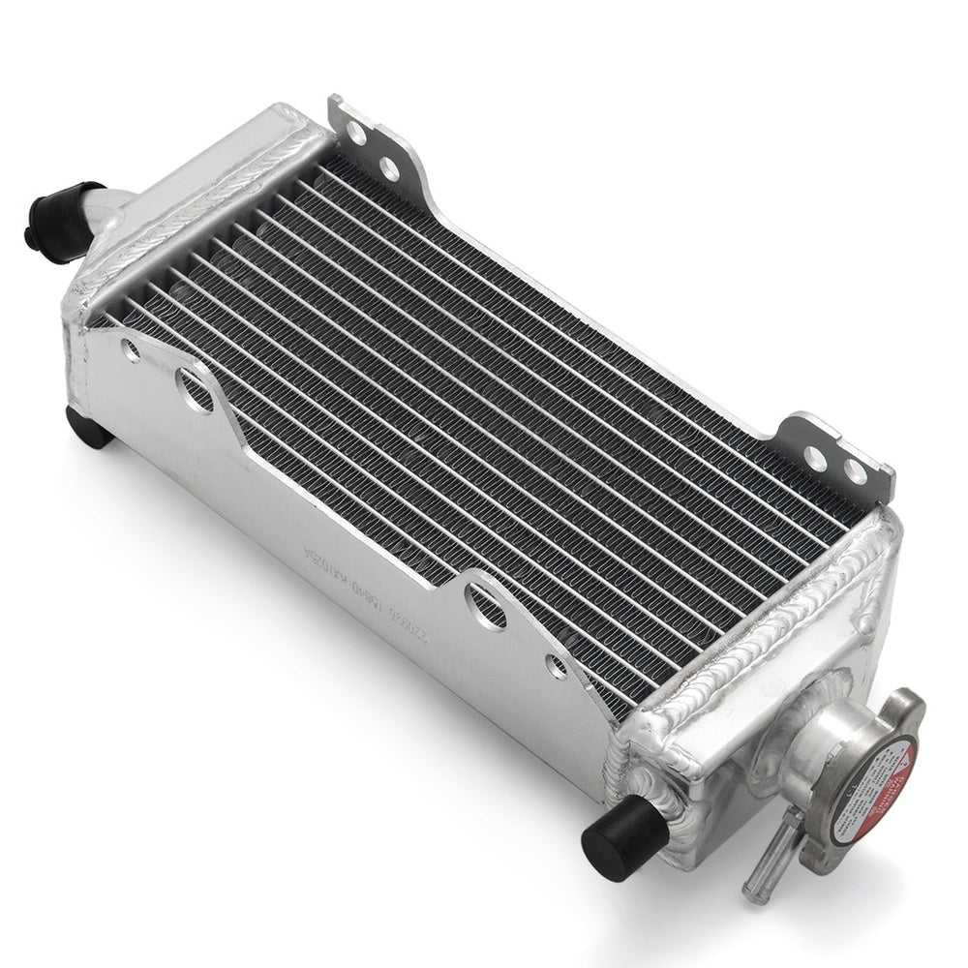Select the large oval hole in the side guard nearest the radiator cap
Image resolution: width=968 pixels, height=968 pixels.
tap(480, 598)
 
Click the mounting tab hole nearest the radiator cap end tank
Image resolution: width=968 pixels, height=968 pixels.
tap(854, 470)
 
